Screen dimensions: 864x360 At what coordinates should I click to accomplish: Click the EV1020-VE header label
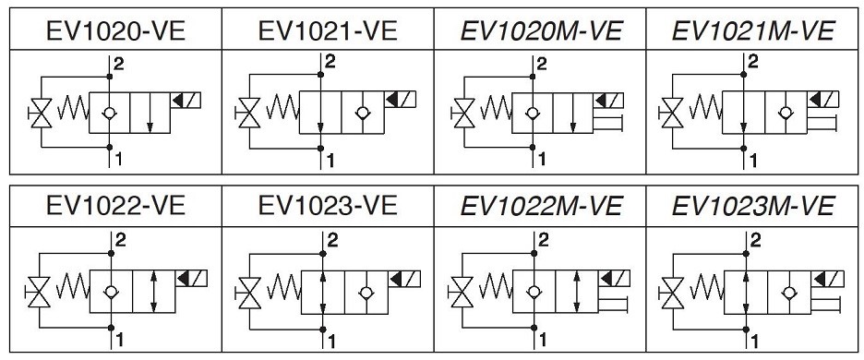coord(115,31)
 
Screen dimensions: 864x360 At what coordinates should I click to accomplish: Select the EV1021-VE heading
coord(328,31)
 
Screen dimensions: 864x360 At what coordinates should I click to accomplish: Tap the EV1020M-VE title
coord(541,31)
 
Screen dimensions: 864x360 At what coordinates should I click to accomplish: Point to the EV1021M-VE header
coord(752,31)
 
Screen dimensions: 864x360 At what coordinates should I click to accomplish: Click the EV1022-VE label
coord(115,206)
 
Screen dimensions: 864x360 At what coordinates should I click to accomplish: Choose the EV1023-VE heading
coord(328,206)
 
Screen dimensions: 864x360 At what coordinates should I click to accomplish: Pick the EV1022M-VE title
coord(541,206)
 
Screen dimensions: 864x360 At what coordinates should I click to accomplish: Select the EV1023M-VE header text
coord(752,206)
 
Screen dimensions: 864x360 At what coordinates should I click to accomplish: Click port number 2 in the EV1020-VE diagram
coord(119,64)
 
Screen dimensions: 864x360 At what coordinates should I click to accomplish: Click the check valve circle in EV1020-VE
coord(109,113)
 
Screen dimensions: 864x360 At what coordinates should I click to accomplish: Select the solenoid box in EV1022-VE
coord(191,278)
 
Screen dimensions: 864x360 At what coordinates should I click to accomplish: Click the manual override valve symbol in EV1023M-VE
coord(672,293)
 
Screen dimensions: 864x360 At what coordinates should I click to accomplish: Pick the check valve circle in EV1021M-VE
coord(786,113)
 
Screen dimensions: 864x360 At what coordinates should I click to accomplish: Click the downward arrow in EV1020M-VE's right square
coord(573,113)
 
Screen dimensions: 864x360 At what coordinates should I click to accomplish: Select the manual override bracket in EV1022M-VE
coord(612,304)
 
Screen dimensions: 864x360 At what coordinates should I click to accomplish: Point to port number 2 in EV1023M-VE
coord(756,240)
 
